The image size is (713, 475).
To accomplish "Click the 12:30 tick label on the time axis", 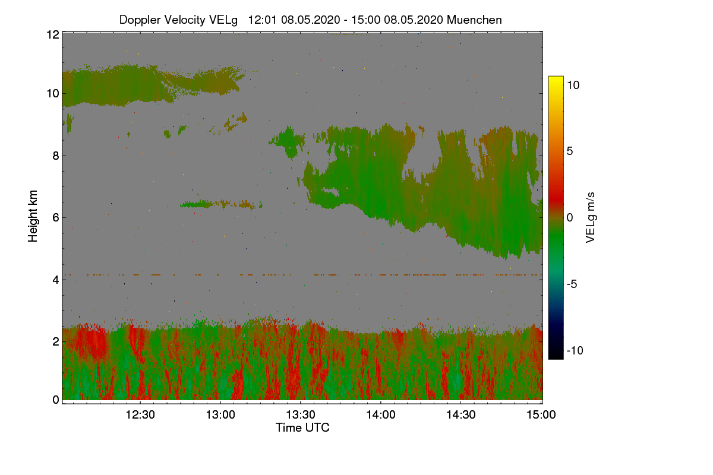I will tap(140, 415).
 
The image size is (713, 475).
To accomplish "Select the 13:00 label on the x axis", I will tap(220, 415).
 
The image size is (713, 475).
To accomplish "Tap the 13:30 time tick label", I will tap(301, 415).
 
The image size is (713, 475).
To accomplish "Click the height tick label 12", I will tap(52, 34).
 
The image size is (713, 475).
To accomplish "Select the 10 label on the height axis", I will tap(52, 94).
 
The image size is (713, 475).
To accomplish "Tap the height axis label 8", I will tap(56, 156).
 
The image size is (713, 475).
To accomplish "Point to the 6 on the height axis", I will tap(56, 217).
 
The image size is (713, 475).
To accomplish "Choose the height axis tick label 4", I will tap(56, 279).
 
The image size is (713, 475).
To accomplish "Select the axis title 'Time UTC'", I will tap(302, 427).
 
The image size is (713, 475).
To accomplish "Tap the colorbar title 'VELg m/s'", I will tap(591, 217).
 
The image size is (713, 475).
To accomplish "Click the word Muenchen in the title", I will tap(474, 20).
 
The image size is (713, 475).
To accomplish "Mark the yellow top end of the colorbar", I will tap(556, 81).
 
